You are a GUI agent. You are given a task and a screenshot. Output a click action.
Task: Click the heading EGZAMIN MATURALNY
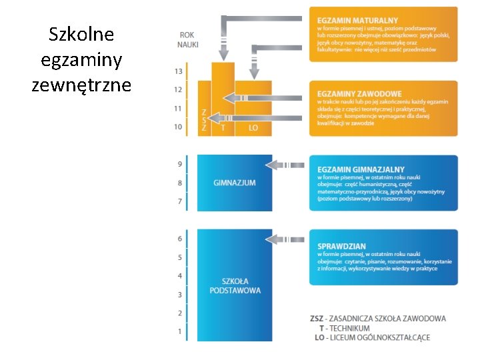(358, 21)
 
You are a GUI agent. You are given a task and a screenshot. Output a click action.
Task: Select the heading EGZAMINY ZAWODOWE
(360, 94)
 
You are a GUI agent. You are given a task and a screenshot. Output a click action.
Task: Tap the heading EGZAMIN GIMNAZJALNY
(361, 170)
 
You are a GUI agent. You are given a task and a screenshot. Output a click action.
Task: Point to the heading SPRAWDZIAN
(342, 246)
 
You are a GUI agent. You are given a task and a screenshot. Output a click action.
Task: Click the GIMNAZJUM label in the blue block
(234, 183)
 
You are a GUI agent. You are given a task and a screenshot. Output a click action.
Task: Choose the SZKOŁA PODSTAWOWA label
(235, 285)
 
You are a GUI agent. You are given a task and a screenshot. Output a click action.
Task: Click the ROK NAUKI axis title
(188, 40)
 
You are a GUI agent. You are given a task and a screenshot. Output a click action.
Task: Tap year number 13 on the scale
(178, 71)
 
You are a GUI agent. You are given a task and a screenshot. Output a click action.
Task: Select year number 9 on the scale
(179, 164)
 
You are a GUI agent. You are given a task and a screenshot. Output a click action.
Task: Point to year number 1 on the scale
(179, 331)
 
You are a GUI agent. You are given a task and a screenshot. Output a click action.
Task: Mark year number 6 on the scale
(179, 239)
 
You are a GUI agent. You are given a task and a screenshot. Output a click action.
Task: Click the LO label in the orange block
(253, 127)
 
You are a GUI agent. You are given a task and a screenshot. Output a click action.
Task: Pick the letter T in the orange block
(223, 127)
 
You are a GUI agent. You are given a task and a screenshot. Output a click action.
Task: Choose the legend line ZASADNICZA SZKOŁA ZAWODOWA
(378, 319)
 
